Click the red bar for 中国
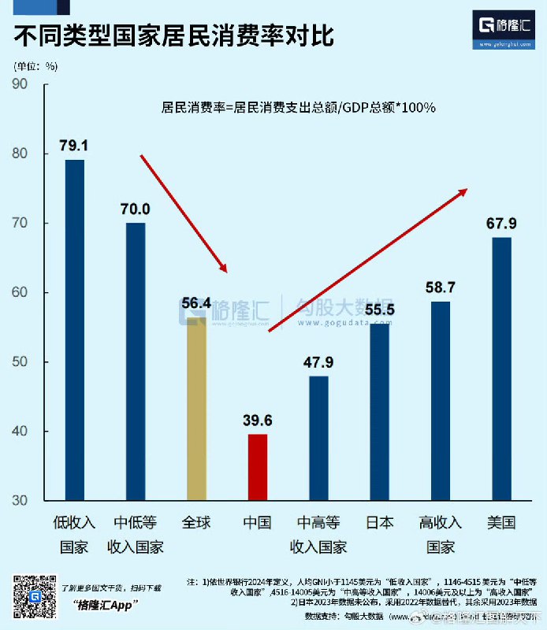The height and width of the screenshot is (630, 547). click(258, 467)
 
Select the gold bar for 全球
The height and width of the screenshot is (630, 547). click(196, 409)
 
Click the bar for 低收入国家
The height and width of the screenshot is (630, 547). click(75, 330)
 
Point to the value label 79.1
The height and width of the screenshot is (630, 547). click(74, 146)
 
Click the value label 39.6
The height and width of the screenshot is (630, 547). click(258, 420)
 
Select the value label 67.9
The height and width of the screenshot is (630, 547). click(502, 222)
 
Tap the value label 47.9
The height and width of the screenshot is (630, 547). click(318, 362)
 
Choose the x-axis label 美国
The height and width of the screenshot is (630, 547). click(501, 522)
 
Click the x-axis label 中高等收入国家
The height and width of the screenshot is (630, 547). click(318, 534)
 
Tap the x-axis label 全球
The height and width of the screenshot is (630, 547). click(196, 522)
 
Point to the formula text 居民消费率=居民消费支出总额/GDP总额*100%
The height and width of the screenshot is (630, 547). click(299, 107)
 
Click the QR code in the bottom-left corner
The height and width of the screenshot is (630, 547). click(32, 596)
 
